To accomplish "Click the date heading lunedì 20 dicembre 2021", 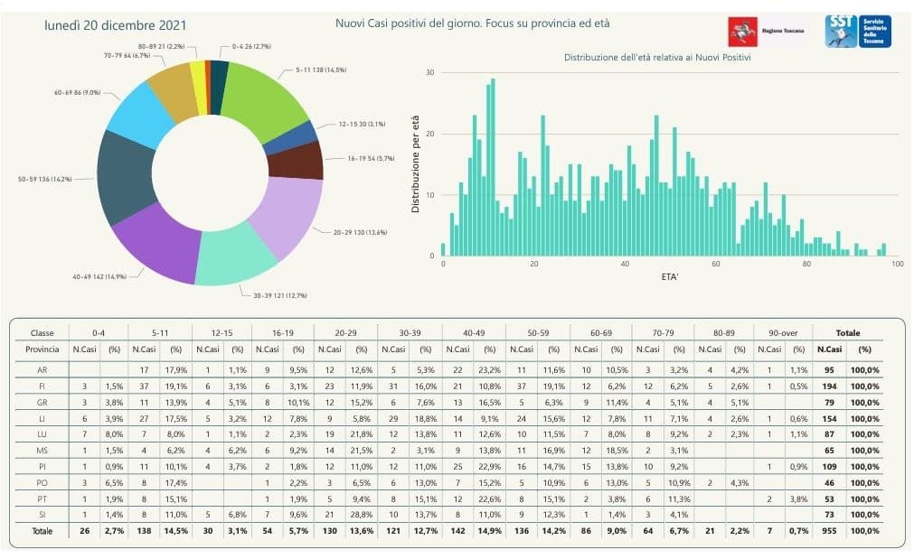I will point(102,25).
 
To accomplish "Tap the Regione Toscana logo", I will point(765,32).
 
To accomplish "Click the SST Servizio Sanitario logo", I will point(858,31).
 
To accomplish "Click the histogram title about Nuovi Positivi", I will point(657,57).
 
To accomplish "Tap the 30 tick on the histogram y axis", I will point(431,73).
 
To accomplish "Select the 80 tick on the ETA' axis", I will point(807,265).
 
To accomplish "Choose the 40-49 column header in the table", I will point(473,332).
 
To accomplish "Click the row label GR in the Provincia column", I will point(42,402).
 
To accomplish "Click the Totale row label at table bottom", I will point(42,531).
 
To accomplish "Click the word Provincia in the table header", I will point(42,349).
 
